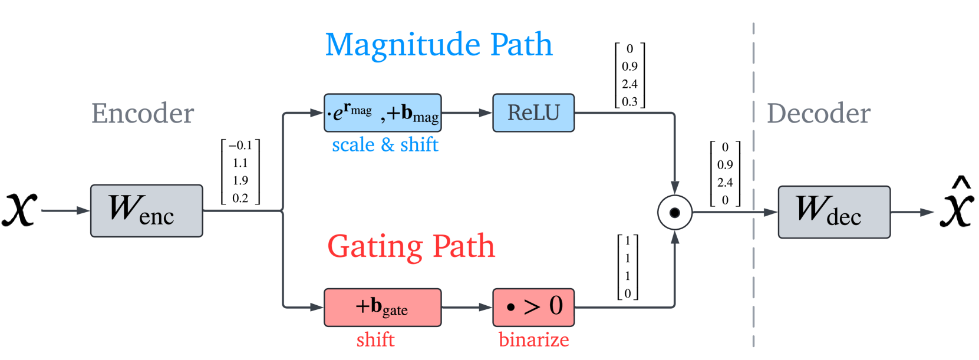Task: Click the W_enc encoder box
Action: [x=146, y=211]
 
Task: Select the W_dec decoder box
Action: [x=833, y=212]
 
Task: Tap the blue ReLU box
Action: [x=533, y=113]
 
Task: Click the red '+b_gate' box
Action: [x=382, y=307]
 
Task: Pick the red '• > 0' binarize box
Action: [x=533, y=307]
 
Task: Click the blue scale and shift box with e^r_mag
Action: [x=382, y=113]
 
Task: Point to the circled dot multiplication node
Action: [x=674, y=212]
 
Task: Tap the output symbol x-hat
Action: [x=956, y=206]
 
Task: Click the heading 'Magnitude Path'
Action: [x=439, y=45]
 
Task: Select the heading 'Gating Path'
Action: [x=411, y=246]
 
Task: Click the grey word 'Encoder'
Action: [x=143, y=113]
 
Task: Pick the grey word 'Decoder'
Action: [x=818, y=113]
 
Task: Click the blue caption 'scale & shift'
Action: [x=385, y=145]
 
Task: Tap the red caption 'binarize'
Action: [x=533, y=340]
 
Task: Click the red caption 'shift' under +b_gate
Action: [x=375, y=340]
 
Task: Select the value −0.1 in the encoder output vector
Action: [x=240, y=146]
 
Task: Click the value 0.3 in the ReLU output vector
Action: [x=629, y=101]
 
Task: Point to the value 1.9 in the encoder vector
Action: [x=240, y=180]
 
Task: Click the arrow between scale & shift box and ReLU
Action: [x=466, y=113]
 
